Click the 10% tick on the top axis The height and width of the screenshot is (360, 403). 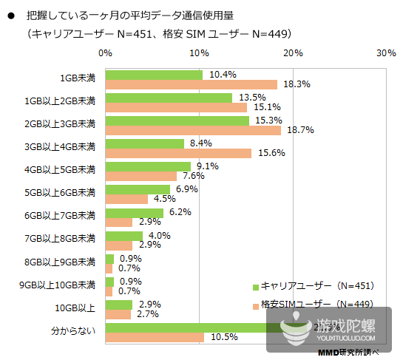[x=198, y=53]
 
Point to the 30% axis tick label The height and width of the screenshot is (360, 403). [x=385, y=53]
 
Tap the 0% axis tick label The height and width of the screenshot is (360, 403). [x=105, y=53]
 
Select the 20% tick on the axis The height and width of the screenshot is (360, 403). [x=292, y=53]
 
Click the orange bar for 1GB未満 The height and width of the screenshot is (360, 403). [x=191, y=85]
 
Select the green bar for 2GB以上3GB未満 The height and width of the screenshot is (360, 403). [x=177, y=120]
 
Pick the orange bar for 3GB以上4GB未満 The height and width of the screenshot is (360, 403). [x=178, y=153]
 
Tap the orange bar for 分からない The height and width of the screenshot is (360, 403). [x=155, y=337]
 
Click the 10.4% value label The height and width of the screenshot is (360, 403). [x=223, y=75]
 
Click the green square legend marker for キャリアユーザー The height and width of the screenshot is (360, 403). [x=254, y=286]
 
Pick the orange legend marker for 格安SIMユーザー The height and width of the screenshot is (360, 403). [x=254, y=305]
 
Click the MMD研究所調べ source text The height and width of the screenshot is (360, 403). [x=356, y=353]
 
